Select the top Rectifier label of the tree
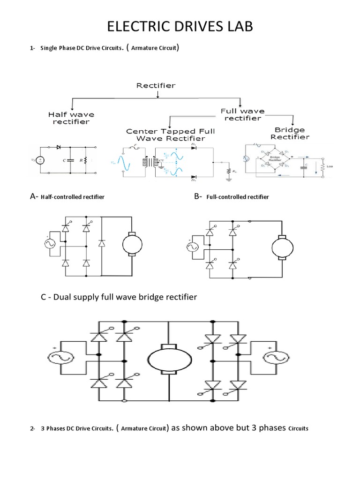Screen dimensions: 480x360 (156, 85)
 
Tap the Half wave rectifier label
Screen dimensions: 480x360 (71, 118)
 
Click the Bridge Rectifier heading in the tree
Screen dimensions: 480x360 (291, 133)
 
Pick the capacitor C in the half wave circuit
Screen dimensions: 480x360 (70, 160)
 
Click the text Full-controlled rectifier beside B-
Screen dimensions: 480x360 (240, 197)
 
